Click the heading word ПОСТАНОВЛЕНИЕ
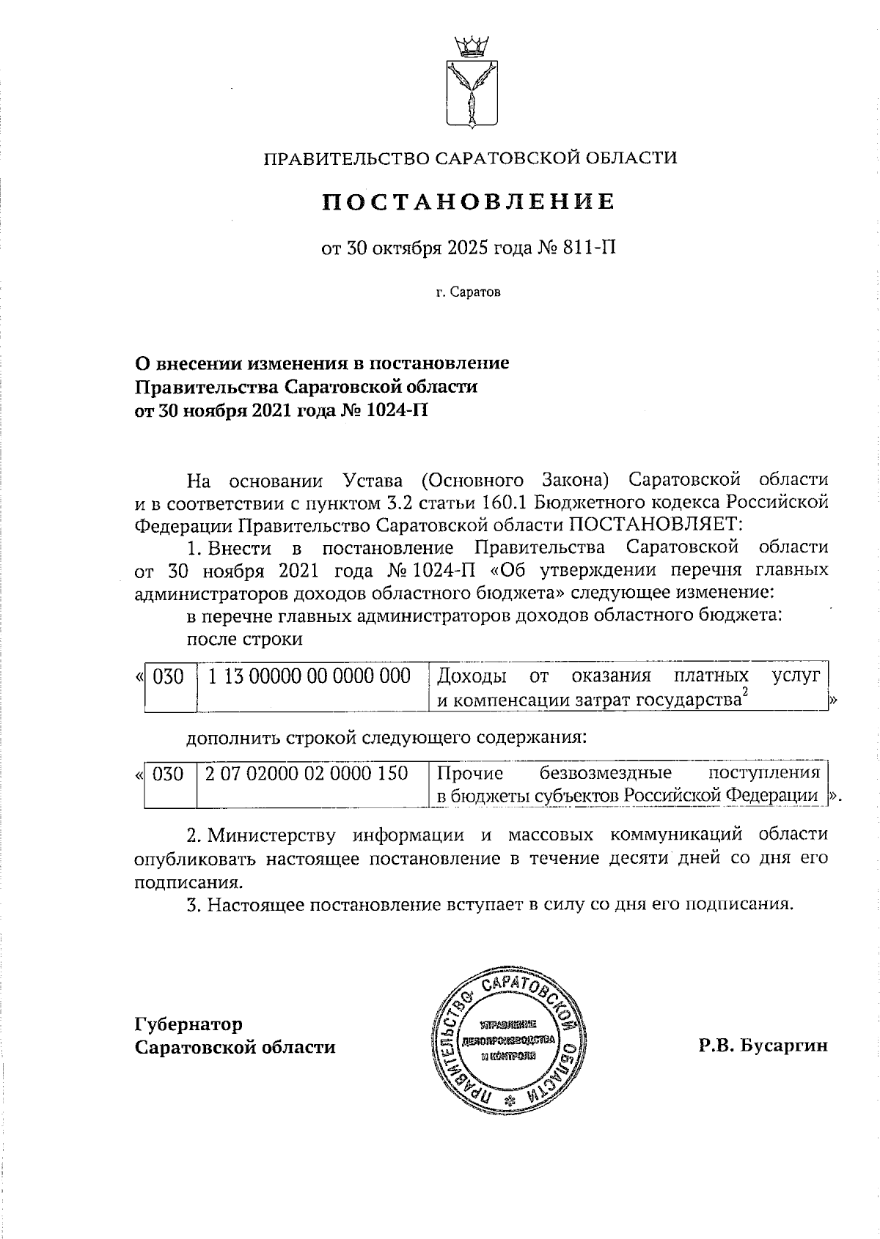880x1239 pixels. pos(469,201)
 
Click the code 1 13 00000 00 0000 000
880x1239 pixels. pos(309,676)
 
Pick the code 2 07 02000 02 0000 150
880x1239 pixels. pos(307,772)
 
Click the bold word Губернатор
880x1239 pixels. pos(188,1024)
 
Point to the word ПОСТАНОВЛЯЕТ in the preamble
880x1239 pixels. pos(657,524)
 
